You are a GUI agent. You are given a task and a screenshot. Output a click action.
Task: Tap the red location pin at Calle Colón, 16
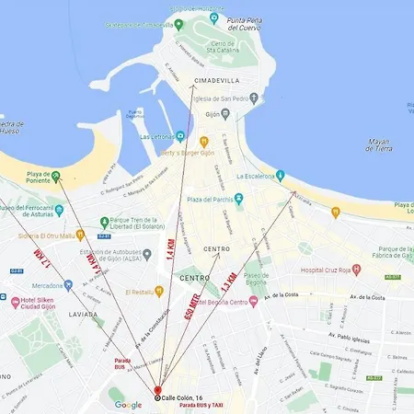[x=157, y=394]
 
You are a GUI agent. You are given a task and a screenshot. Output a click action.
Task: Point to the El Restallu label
[x=140, y=292]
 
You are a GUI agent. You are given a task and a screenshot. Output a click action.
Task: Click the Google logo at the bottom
[x=128, y=404]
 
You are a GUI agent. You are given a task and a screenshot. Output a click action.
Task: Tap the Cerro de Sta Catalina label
[x=220, y=47]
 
